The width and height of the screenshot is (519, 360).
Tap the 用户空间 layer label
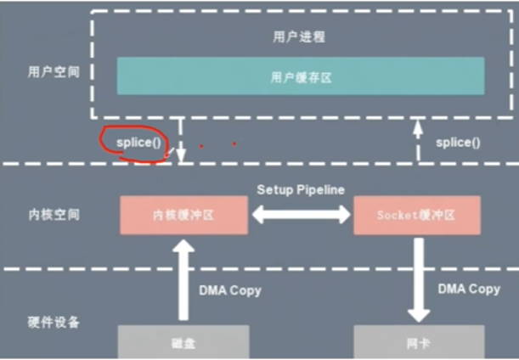click(x=53, y=71)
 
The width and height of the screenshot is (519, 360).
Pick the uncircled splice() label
click(x=458, y=143)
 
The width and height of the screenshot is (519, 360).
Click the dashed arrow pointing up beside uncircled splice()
click(x=417, y=141)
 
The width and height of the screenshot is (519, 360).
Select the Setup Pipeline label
click(x=301, y=190)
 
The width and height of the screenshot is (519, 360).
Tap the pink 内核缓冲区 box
click(x=183, y=215)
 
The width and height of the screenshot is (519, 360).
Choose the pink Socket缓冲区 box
click(x=416, y=215)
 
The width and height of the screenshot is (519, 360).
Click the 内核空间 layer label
click(x=53, y=215)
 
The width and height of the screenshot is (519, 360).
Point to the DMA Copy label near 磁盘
click(x=230, y=290)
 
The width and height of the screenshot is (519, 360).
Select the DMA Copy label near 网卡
click(x=469, y=290)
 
